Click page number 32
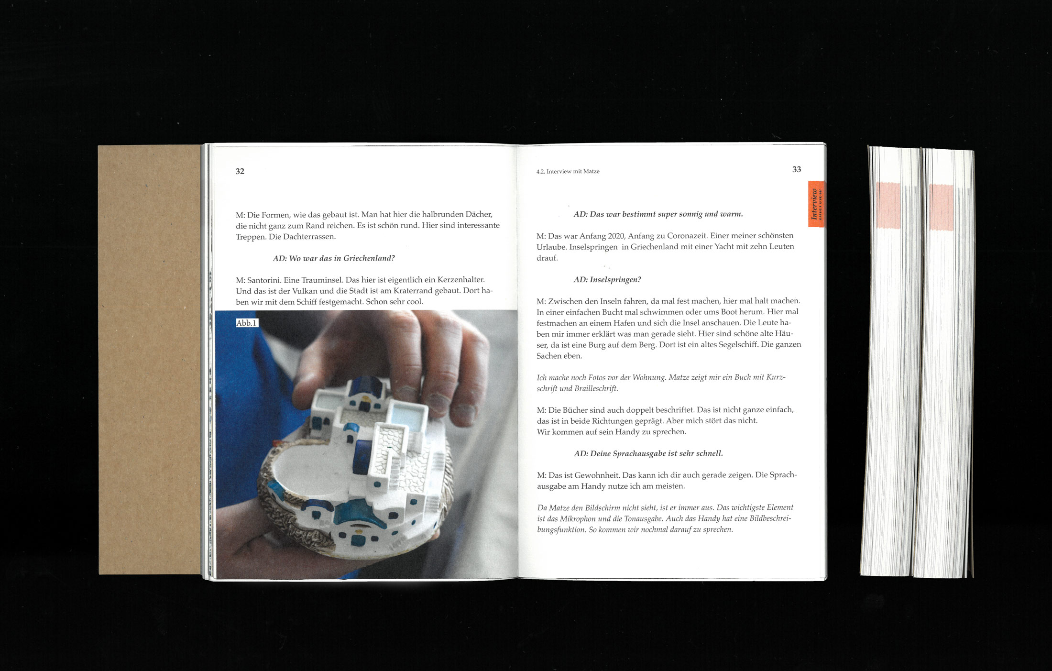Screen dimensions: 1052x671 (x=240, y=171)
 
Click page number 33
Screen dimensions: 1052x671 (x=797, y=169)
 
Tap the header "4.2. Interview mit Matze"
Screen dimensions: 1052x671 (x=568, y=171)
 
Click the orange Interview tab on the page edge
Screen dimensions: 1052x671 (x=816, y=204)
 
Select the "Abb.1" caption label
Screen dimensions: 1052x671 (x=247, y=323)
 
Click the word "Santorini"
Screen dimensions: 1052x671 (x=264, y=280)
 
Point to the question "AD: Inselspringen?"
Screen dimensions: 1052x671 (x=607, y=280)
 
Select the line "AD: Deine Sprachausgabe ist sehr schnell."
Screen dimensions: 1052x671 (x=648, y=453)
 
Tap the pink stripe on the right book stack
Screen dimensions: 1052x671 (x=941, y=207)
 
